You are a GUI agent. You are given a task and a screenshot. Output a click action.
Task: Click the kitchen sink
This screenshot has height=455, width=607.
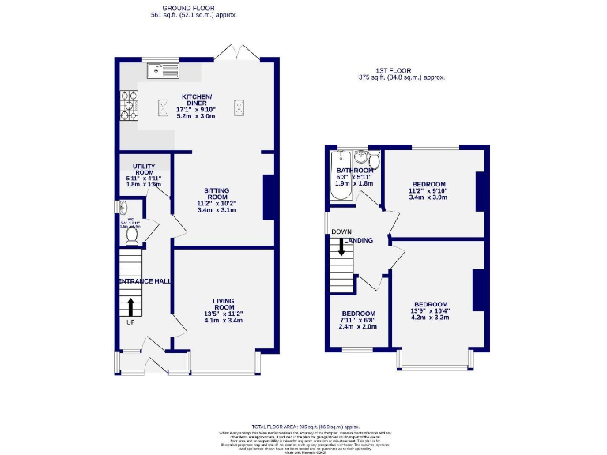(162, 70)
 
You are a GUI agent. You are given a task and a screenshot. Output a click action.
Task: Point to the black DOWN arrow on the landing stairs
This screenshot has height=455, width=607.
(341, 246)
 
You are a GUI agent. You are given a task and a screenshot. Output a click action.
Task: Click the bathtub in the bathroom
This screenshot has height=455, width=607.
(339, 175)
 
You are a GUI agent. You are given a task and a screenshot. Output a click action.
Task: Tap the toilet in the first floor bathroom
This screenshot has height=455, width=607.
(374, 161)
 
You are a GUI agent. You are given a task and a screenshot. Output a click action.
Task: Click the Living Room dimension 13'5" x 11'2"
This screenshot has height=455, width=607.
(222, 314)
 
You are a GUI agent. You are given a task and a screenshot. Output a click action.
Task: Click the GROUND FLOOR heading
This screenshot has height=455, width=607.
(193, 8)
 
